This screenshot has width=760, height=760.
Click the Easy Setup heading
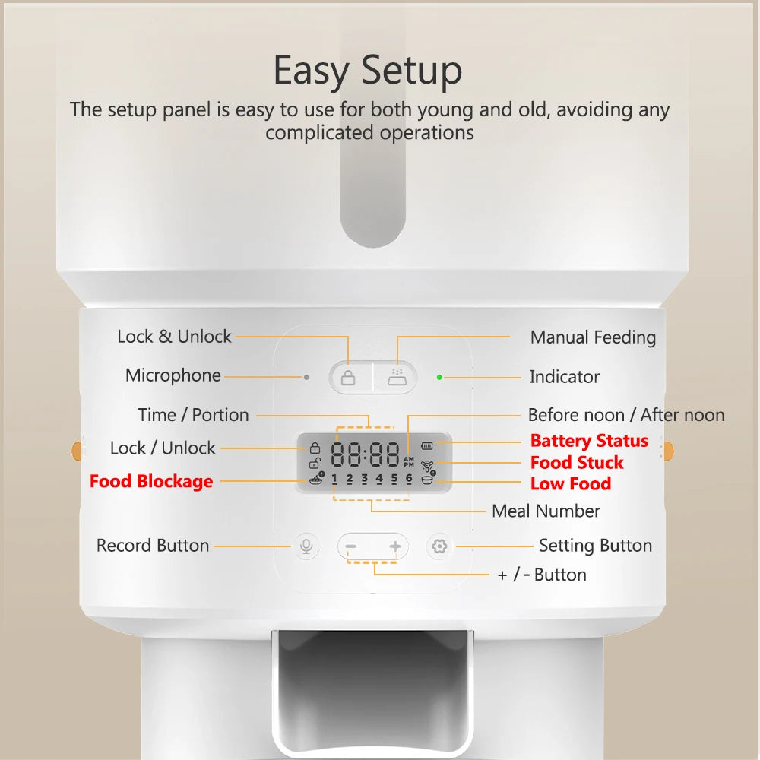pos(368,70)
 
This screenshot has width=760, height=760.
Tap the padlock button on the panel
pos(348,377)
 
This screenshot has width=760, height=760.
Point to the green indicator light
pos(439,376)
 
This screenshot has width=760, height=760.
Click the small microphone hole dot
pos(306,376)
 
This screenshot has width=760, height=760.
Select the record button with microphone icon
pos(305,546)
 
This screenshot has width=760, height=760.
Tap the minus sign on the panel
pos(350,546)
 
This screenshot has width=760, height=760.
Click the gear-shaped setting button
pos(439,546)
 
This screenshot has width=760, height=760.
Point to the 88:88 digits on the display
pos(365,455)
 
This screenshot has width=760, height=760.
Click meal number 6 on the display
pos(409,479)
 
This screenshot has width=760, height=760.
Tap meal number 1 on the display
pos(334,479)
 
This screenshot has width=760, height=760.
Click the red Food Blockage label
pos(151,481)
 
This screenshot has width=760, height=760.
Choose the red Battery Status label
pos(589,441)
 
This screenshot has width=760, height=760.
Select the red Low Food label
pos(570,483)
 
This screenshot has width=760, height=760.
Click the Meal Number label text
pos(546,511)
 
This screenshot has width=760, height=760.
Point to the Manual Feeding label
pos(593,337)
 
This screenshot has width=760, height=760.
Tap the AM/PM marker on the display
pos(409,462)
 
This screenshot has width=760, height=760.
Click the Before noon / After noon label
pos(625,415)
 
